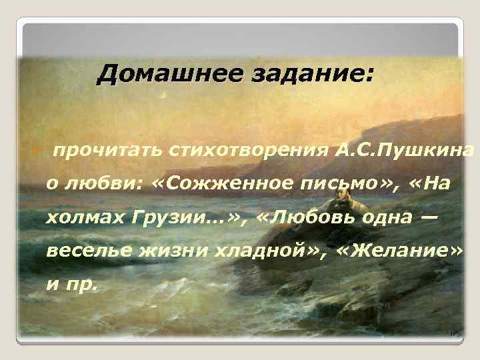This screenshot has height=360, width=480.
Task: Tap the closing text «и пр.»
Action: point(71,285)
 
